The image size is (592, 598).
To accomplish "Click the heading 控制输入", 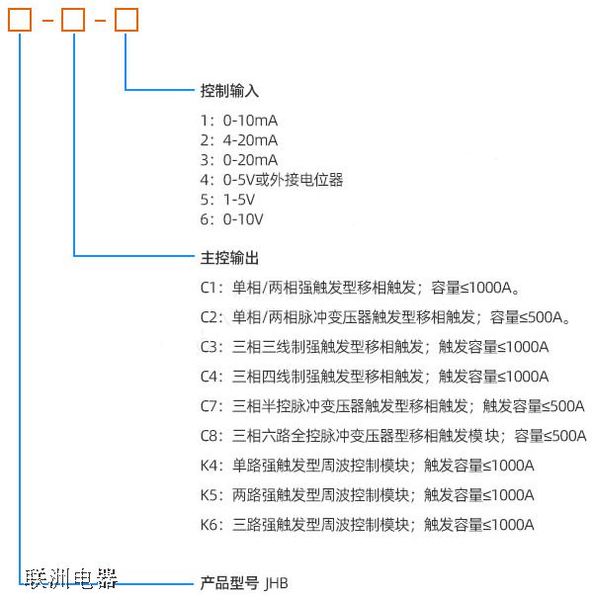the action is tap(229, 91).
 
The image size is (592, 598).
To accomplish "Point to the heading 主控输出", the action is tap(229, 258).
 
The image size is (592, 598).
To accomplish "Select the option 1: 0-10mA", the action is tap(239, 121).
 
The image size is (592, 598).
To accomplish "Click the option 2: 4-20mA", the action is tap(239, 140).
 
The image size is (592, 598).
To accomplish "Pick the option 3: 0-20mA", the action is tap(239, 160).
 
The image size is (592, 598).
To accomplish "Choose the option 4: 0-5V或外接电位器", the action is tap(272, 180).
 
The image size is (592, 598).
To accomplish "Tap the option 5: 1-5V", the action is tap(227, 200).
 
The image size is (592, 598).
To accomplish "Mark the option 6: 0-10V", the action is tap(231, 219).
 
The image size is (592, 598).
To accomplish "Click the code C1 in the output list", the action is tap(209, 288).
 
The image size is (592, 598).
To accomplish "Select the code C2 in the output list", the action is tap(209, 317).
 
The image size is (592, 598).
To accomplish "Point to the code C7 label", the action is tap(209, 406).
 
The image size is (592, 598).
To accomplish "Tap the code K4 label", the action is tap(209, 466).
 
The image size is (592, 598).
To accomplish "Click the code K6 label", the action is tap(209, 525).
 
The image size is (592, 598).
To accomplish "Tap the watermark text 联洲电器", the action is tap(71, 579).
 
